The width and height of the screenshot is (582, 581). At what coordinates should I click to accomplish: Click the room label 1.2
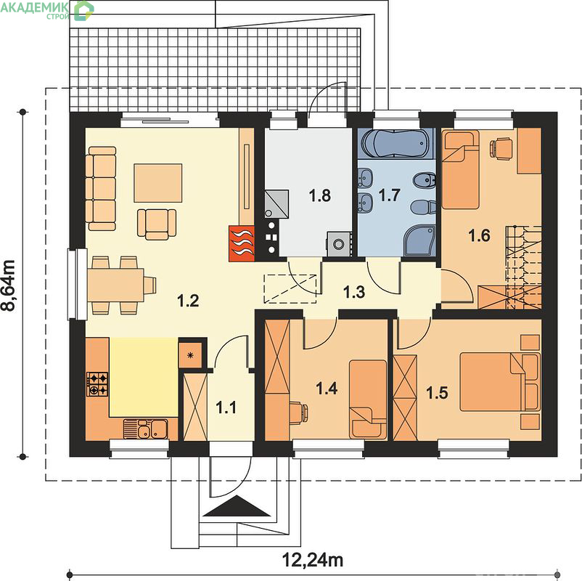[189, 301]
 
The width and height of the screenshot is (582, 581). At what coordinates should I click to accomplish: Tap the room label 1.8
[320, 195]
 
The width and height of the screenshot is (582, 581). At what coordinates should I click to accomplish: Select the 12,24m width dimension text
[313, 560]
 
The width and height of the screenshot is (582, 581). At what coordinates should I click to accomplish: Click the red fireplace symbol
[242, 243]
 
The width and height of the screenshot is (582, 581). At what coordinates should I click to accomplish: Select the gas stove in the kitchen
[97, 384]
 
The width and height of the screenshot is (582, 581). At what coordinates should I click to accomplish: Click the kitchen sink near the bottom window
[145, 429]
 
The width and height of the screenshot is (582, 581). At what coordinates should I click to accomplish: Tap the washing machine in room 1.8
[339, 244]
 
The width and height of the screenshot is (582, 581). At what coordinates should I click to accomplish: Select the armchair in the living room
[157, 224]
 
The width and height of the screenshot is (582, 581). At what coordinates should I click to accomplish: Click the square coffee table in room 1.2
[158, 183]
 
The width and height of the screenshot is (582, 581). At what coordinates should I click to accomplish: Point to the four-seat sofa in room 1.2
[101, 189]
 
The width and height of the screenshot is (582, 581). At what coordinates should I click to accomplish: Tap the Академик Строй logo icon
[83, 10]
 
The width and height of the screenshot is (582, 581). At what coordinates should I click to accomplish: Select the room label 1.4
[327, 389]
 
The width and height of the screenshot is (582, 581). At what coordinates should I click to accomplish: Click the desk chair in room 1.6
[499, 149]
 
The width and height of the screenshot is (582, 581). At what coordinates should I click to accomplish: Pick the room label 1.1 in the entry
[226, 408]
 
